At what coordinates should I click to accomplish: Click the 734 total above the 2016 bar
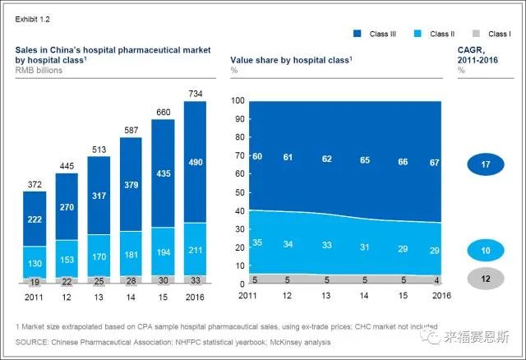[x=195, y=94]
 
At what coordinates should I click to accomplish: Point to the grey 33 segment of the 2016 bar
[x=195, y=279]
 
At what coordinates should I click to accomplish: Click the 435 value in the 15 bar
[x=164, y=174]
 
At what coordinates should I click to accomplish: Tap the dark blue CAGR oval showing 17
[x=486, y=165]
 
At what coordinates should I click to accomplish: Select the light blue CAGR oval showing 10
[x=486, y=251]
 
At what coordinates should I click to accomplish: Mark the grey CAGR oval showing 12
[x=486, y=279]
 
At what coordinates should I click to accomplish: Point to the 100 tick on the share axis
[x=239, y=101]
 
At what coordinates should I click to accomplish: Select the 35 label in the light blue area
[x=256, y=243]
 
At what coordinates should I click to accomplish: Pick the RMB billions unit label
[x=39, y=70]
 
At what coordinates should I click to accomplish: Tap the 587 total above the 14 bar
[x=131, y=130]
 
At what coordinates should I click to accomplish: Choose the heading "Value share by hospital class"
[x=291, y=59]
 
